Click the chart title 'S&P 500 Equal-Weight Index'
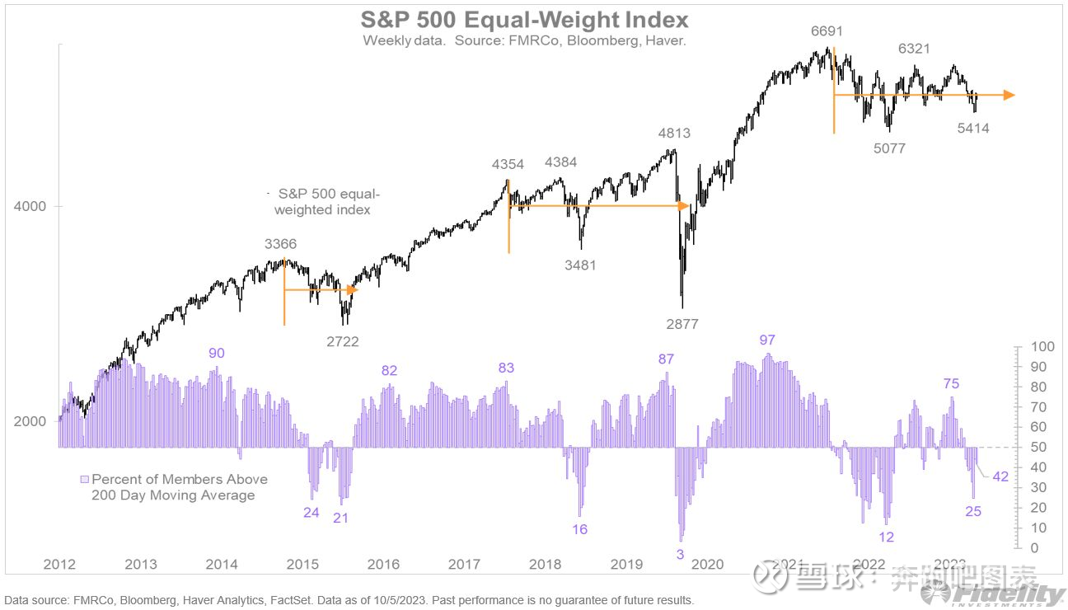(524, 19)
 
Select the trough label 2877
(682, 324)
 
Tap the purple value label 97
(768, 340)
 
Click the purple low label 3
(680, 555)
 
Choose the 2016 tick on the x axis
(383, 564)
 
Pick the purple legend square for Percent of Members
(84, 479)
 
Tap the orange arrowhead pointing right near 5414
(1009, 96)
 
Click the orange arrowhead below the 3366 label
(353, 289)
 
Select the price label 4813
(674, 133)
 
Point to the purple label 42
(1000, 476)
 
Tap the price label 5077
(889, 149)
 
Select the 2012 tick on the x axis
(59, 564)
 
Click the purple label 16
(579, 529)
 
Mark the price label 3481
(580, 265)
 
